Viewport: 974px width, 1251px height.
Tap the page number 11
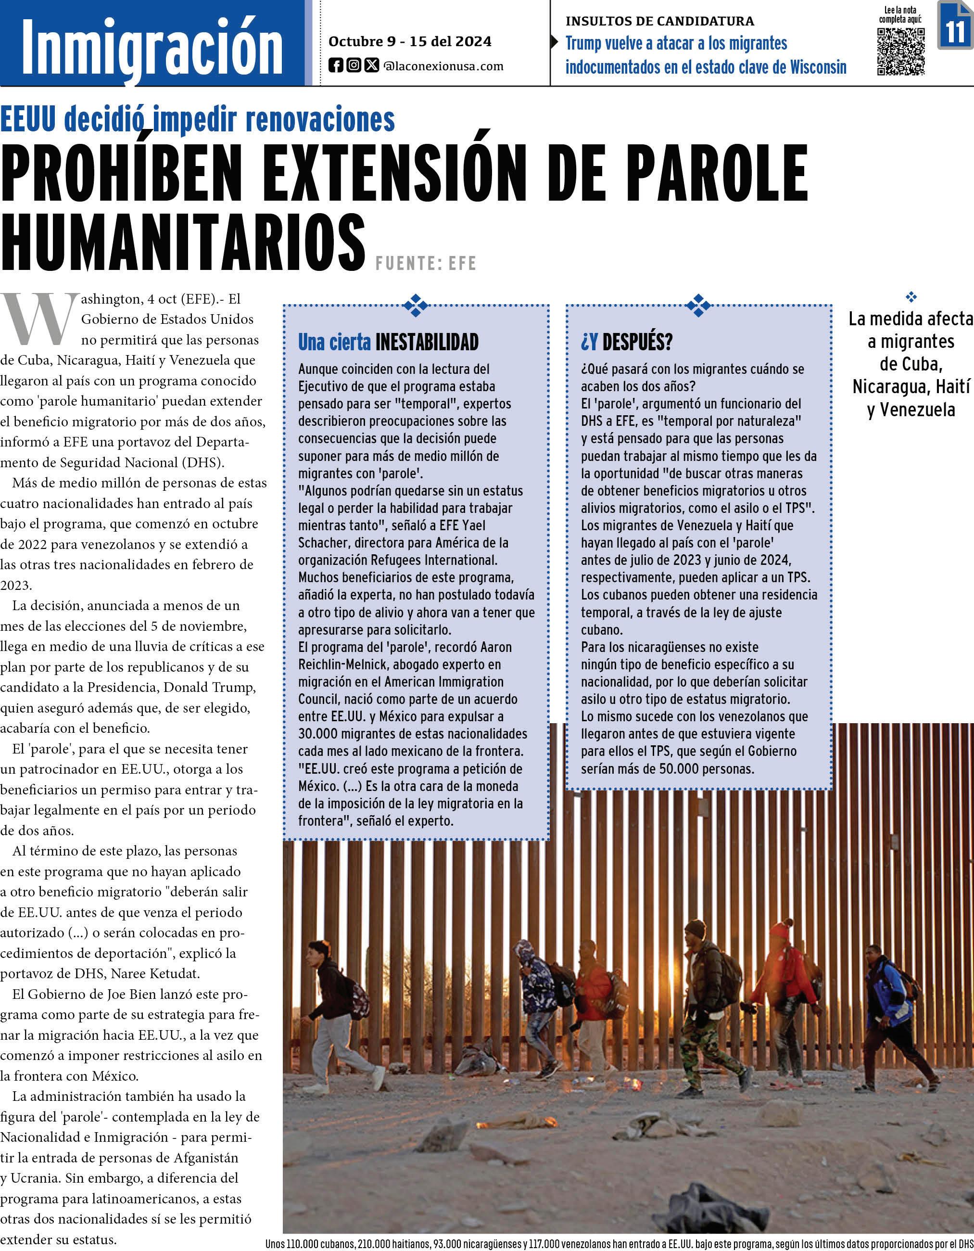pos(955,26)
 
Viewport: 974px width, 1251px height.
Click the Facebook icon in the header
pos(336,66)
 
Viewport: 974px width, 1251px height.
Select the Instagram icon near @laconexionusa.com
pos(354,66)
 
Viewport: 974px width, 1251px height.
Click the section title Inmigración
pos(152,49)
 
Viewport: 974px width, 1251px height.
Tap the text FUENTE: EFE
pos(426,263)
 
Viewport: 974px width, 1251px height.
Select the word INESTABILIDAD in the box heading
pos(427,342)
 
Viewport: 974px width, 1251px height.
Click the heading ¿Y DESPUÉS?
pos(626,342)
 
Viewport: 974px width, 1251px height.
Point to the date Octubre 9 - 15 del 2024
pos(409,41)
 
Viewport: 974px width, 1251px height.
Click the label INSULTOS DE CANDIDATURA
pos(659,21)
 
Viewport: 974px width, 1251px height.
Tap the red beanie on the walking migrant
pos(781,929)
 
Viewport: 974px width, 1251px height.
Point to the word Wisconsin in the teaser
pos(818,67)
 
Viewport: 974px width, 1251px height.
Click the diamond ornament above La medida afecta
pos(911,297)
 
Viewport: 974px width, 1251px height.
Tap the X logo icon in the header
pos(372,66)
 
